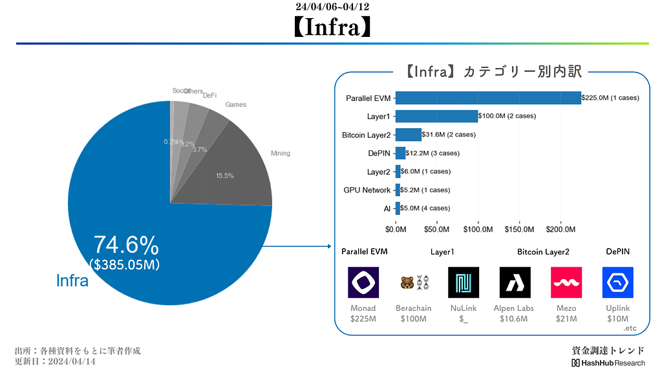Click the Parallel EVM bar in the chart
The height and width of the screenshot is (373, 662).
(488, 98)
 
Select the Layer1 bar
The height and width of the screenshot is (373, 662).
(436, 116)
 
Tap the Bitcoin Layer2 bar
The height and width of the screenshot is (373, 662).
(408, 135)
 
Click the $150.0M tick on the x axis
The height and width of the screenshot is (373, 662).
(520, 229)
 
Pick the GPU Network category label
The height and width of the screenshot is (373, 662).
(367, 190)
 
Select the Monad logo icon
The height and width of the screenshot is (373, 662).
(363, 282)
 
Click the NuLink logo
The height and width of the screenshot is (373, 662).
(464, 282)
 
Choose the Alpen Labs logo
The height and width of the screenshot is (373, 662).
(515, 282)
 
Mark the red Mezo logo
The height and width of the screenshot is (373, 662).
(566, 282)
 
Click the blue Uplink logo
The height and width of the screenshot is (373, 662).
(617, 282)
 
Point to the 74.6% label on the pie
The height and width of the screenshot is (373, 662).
(126, 245)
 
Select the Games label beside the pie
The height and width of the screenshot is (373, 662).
(235, 105)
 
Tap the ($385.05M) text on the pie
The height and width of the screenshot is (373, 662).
(124, 264)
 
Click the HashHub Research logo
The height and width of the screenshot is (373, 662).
(608, 363)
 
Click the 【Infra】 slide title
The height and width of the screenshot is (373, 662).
(332, 27)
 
